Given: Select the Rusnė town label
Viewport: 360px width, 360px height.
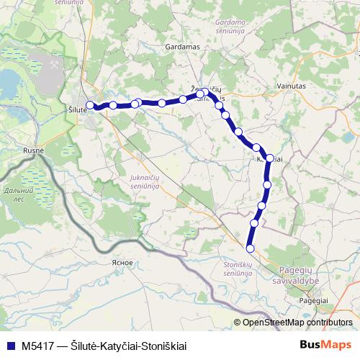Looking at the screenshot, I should click(x=33, y=150).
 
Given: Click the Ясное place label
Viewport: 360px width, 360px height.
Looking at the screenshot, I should click(x=122, y=262).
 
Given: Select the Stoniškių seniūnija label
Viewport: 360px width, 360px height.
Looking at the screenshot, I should click(x=232, y=269).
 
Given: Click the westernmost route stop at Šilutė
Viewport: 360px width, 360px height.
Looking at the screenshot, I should click(x=90, y=105).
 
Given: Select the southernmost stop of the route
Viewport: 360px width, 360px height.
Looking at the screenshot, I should click(x=250, y=248).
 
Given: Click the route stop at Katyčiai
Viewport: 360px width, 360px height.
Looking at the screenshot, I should click(x=271, y=158).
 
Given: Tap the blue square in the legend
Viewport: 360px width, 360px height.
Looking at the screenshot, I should click(x=9, y=346).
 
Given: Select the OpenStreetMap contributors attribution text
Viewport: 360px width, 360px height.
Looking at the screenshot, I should click(x=297, y=322).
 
